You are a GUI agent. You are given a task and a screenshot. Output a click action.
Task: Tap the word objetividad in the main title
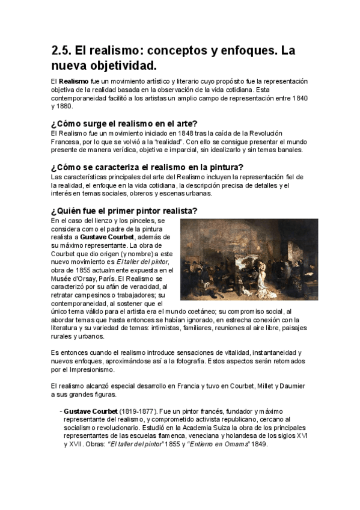(x=118, y=65)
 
